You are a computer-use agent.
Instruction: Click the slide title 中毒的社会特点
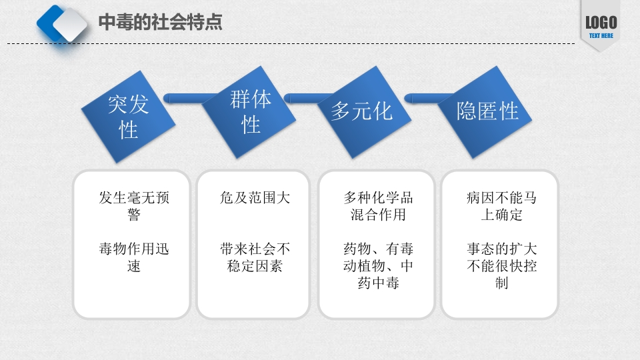pos(160,22)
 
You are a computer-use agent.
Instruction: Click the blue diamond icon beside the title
pos(63,25)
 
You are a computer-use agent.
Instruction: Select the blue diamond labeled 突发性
pos(128,116)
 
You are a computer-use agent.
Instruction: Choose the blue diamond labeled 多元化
pos(362,111)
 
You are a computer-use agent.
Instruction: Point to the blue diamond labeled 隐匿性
pos(487,111)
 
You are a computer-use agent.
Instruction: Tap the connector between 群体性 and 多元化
pos(308,99)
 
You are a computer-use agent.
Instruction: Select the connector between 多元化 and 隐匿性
pos(427,99)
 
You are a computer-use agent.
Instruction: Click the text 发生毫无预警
pos(134,206)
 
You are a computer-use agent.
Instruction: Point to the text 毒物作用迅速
pos(134,258)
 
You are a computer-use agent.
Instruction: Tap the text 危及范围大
pos(255,198)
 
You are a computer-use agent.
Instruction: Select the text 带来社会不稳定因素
pos(255,258)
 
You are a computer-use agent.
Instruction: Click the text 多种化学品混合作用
pos(378,206)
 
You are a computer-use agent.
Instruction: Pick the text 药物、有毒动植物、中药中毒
pos(378,267)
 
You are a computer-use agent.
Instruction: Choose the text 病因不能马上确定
pos(501,206)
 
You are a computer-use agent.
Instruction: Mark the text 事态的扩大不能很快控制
pos(501,266)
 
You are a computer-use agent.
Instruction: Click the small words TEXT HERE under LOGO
pos(601,36)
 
